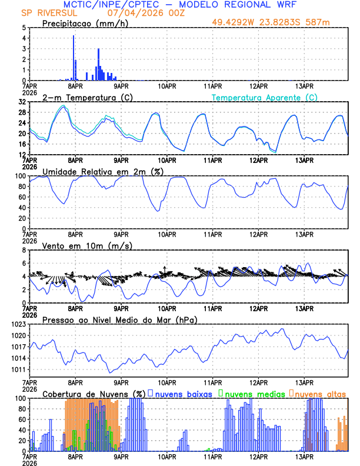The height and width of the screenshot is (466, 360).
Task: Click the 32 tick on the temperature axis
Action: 22,101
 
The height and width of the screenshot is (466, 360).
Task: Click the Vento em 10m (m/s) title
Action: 87,245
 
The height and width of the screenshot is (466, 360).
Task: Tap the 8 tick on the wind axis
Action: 24,250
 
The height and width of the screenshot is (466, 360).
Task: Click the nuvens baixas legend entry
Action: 182,393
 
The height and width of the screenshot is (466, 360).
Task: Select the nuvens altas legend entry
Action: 319,393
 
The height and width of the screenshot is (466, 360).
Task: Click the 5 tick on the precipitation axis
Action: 24,28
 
